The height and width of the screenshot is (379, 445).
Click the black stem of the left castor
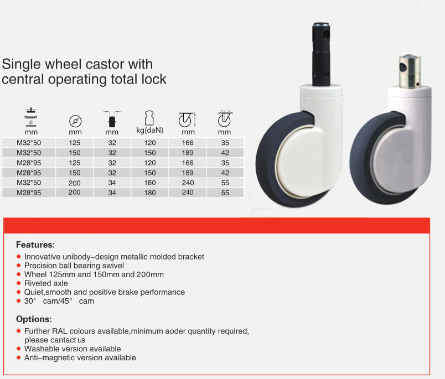click(321, 54)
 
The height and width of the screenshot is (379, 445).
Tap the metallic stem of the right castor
click(410, 71)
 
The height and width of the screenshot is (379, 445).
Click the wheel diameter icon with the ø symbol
click(75, 121)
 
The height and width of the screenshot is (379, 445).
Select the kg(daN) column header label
click(150, 130)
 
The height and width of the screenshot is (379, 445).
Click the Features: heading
click(35, 245)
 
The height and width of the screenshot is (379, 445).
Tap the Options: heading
click(34, 319)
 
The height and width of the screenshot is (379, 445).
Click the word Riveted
click(35, 283)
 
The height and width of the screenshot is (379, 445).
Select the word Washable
click(40, 349)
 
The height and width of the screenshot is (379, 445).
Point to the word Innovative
click(42, 257)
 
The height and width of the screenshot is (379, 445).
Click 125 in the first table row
click(75, 143)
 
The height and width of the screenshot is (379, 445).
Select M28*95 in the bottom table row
click(29, 193)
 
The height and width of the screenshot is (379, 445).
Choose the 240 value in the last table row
click(188, 193)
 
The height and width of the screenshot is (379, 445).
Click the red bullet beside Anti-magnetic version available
click(19, 357)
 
